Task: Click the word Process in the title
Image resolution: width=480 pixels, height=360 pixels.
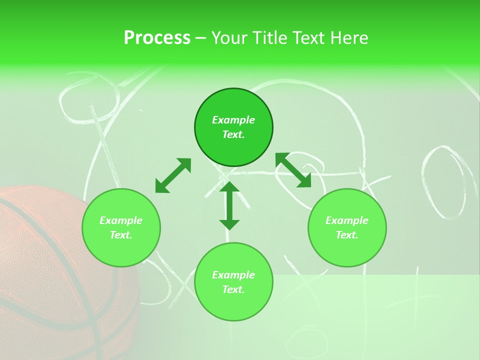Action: pyautogui.click(x=157, y=38)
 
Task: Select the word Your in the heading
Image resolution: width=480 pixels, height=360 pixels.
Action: pyautogui.click(x=230, y=38)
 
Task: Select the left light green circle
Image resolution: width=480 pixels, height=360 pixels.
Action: pyautogui.click(x=121, y=250)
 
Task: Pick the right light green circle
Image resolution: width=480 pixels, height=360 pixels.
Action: pyautogui.click(x=347, y=250)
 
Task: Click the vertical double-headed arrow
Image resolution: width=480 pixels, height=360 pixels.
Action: pyautogui.click(x=229, y=205)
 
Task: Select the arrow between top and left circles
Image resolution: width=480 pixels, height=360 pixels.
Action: pyautogui.click(x=173, y=175)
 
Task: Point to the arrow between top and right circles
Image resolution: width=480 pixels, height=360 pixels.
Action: pyautogui.click(x=293, y=170)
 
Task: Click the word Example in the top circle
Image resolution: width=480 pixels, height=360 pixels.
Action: pyautogui.click(x=233, y=120)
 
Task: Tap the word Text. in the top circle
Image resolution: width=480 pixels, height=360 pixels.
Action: pyautogui.click(x=233, y=134)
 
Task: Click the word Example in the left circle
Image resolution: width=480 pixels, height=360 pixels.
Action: pyautogui.click(x=121, y=220)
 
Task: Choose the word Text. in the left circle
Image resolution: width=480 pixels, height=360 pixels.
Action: pyautogui.click(x=121, y=235)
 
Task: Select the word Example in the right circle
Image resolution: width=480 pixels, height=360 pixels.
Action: pyautogui.click(x=347, y=220)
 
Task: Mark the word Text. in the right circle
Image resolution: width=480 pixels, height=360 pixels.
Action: pyautogui.click(x=347, y=235)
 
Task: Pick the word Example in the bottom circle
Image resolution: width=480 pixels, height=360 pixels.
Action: pyautogui.click(x=233, y=275)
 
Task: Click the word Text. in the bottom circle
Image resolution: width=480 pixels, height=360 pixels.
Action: pyautogui.click(x=233, y=289)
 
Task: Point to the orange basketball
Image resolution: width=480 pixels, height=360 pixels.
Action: pyautogui.click(x=45, y=280)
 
